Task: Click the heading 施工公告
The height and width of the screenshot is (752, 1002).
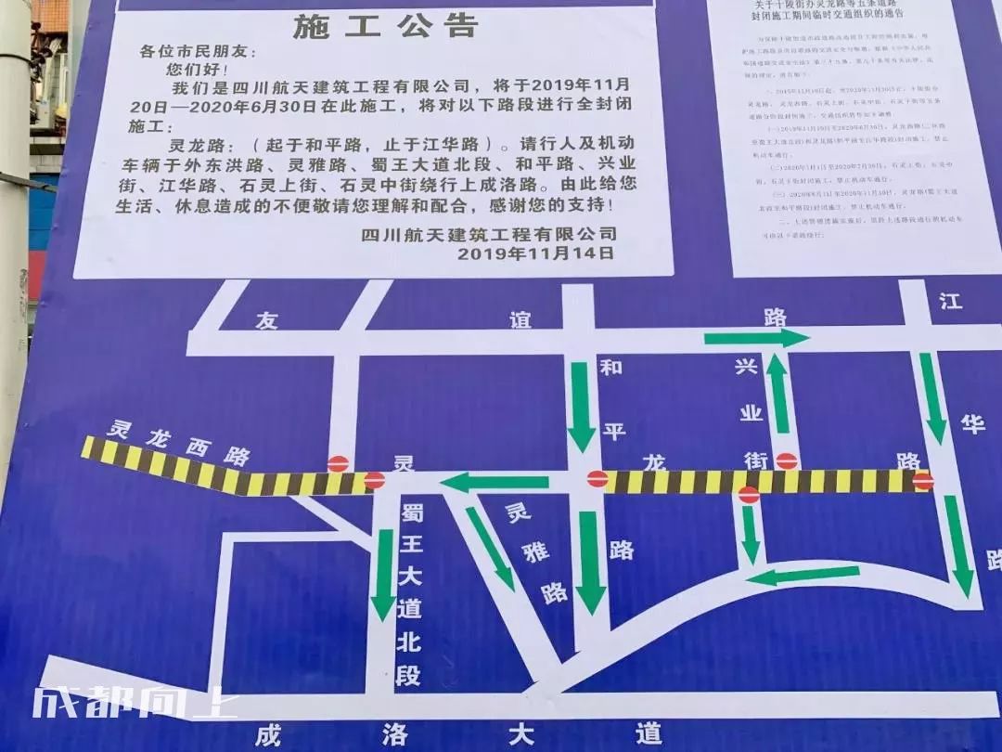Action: point(385,26)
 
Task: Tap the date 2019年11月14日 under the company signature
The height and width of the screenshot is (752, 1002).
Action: point(535,253)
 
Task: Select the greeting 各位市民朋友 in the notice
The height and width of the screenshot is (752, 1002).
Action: point(197,52)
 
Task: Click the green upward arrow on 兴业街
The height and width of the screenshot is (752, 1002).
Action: point(777,395)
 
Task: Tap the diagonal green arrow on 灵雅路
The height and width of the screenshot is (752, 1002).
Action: point(490,548)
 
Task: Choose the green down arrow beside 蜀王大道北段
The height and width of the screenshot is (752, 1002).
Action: point(383,574)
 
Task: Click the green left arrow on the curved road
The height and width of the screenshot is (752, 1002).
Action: point(803,577)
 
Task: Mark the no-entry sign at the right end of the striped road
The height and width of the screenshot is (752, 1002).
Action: point(922,481)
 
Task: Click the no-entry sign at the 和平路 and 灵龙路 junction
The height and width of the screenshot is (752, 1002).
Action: point(597,480)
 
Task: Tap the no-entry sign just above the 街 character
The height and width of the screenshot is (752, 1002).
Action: point(787,460)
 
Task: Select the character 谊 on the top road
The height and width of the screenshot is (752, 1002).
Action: point(520,320)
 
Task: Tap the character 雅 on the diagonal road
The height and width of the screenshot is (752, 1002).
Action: point(535,554)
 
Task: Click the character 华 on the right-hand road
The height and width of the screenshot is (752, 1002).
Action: point(971,424)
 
